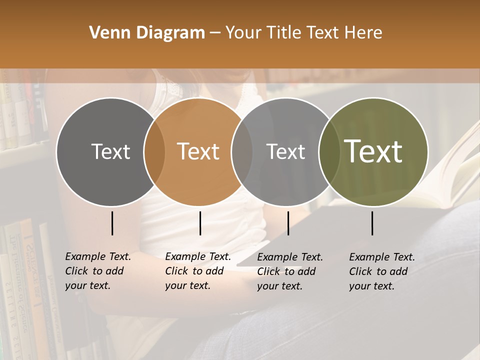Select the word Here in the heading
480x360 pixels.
[x=363, y=33]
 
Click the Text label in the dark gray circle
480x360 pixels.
[x=110, y=151]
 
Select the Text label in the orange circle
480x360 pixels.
[x=198, y=151]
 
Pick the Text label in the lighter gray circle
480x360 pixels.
[x=285, y=151]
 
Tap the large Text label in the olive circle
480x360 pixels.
[x=373, y=151]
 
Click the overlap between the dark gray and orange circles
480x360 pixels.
[x=154, y=152]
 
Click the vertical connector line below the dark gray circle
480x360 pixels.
[x=112, y=223]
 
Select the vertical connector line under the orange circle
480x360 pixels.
[x=200, y=223]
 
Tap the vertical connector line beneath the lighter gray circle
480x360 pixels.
[x=288, y=223]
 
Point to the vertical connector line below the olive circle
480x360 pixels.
[x=372, y=223]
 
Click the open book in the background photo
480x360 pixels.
[x=450, y=175]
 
